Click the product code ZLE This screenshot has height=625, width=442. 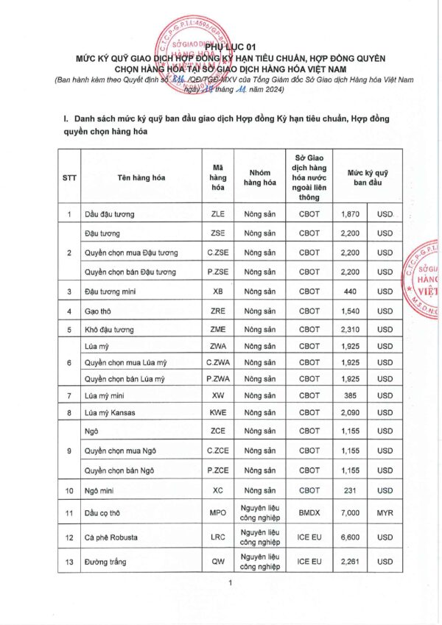coord(218,214)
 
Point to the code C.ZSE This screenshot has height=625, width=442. coord(218,253)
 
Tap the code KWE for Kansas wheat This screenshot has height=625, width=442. coord(218,412)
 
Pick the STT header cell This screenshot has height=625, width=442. coord(69,177)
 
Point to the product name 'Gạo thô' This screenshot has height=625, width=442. coord(99,311)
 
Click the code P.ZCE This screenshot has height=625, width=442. coord(218,470)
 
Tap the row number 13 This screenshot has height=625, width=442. coord(69,562)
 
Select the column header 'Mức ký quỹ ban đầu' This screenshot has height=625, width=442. coord(369,177)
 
